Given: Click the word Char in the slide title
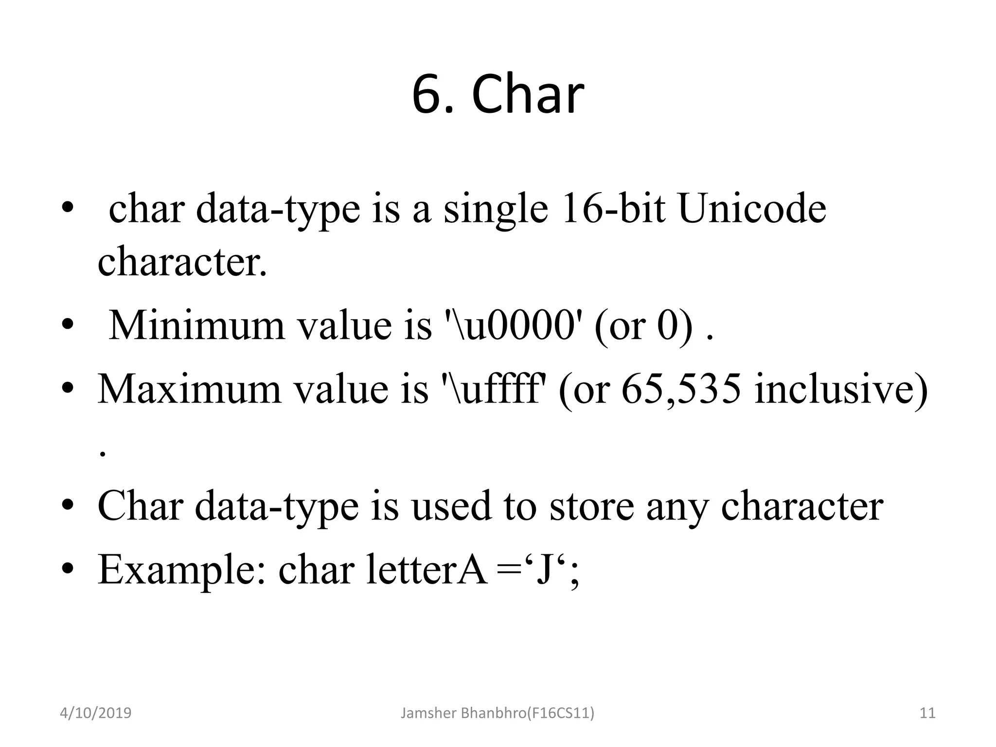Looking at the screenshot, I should click(x=527, y=95).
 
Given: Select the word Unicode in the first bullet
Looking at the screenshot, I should click(x=752, y=209).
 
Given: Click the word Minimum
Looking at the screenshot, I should click(x=196, y=325).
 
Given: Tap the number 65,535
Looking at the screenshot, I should click(x=681, y=390).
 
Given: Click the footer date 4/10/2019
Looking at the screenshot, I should click(x=95, y=713).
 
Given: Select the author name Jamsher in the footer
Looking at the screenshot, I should click(x=428, y=713).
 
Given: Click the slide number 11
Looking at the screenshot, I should click(x=927, y=713).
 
